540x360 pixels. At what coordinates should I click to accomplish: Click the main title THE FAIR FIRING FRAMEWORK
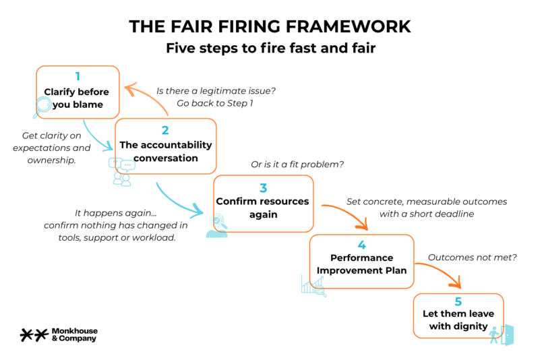click(x=269, y=26)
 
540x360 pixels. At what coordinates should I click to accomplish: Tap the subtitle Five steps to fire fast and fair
click(x=269, y=49)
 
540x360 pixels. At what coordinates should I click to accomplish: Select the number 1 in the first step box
click(x=78, y=76)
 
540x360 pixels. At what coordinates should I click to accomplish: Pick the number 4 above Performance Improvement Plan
click(x=361, y=245)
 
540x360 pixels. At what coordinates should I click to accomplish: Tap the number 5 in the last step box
click(x=458, y=302)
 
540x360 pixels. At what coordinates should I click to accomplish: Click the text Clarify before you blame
click(x=78, y=98)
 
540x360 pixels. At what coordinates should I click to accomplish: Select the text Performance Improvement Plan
click(x=361, y=264)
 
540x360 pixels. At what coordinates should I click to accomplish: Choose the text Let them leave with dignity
click(x=458, y=320)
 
